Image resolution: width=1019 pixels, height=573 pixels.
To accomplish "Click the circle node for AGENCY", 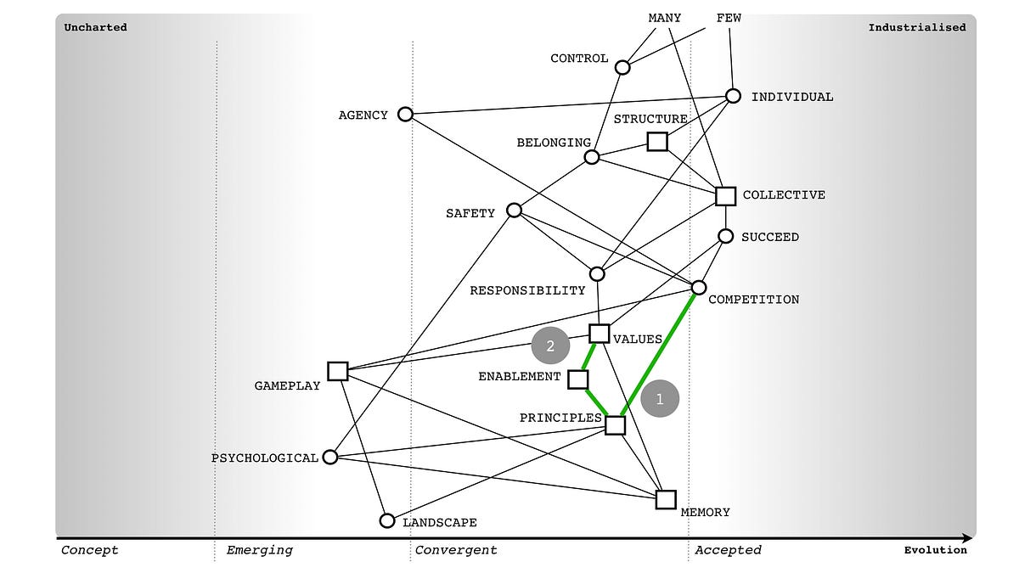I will tap(406, 114).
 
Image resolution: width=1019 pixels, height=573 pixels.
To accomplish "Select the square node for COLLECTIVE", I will tap(725, 196).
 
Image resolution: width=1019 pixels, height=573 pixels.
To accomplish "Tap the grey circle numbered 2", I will tap(550, 346).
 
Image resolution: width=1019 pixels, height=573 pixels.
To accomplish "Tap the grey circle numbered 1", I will tap(660, 398).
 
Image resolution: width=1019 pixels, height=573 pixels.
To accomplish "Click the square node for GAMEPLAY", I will tap(338, 371).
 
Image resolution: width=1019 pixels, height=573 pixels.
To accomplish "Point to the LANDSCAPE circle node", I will tap(387, 520).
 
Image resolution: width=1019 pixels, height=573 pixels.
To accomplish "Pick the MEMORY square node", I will tap(666, 499).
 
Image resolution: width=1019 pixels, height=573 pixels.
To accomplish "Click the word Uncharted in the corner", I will tap(96, 27).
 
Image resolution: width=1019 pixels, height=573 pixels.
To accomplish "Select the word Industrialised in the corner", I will tap(916, 27).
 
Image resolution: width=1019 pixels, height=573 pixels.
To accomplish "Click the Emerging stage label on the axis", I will tap(259, 550).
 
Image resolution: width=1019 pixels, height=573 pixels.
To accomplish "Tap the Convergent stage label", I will tap(456, 550).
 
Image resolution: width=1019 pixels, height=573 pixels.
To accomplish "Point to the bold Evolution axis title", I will tap(935, 550).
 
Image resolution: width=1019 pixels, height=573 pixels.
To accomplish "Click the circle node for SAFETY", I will tap(514, 210).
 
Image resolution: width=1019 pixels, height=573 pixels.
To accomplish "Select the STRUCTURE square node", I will tap(657, 141).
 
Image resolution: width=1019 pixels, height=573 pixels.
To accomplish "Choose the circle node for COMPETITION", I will tap(699, 288).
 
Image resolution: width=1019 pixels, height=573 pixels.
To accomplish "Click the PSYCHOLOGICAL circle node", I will tap(331, 457).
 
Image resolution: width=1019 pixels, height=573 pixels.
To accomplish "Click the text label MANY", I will tap(664, 18).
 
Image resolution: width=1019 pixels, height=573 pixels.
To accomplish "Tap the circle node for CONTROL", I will tap(622, 67).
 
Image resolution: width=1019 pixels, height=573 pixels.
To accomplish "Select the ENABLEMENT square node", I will tap(578, 379).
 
